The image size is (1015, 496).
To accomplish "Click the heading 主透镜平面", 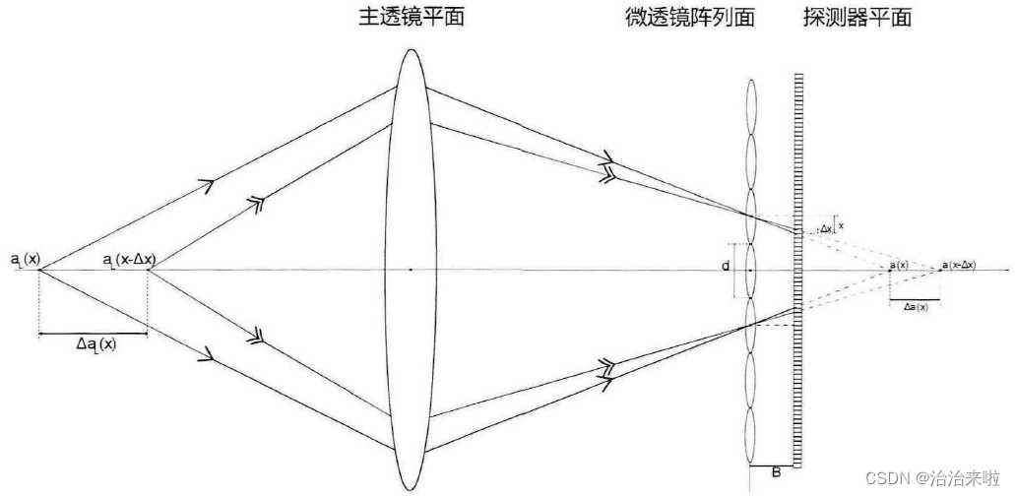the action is pos(411,17).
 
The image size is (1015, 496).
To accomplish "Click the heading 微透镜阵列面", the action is pos(689,17).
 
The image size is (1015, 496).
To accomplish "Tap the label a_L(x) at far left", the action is pos(26,260).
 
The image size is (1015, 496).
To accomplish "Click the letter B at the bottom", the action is pos(776,472).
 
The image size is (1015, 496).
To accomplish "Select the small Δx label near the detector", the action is pos(825,229).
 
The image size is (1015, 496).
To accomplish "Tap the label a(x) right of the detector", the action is pos(898,265).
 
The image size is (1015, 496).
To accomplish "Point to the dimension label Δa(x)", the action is pos(915,307).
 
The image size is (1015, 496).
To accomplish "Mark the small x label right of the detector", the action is pos(841,225).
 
